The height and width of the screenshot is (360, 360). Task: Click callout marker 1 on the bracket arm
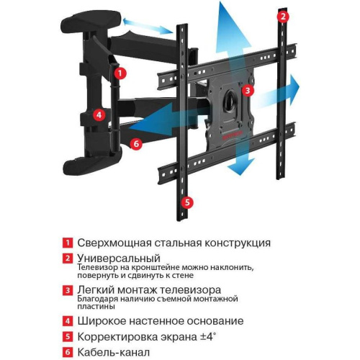point(121,73)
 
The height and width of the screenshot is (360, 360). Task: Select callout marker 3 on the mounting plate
point(247,91)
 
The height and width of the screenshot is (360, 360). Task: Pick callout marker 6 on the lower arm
point(137,143)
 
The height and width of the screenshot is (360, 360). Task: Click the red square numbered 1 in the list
point(67,243)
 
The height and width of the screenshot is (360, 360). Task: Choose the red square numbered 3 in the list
point(67,289)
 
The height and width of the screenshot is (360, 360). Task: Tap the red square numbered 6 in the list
point(67,352)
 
